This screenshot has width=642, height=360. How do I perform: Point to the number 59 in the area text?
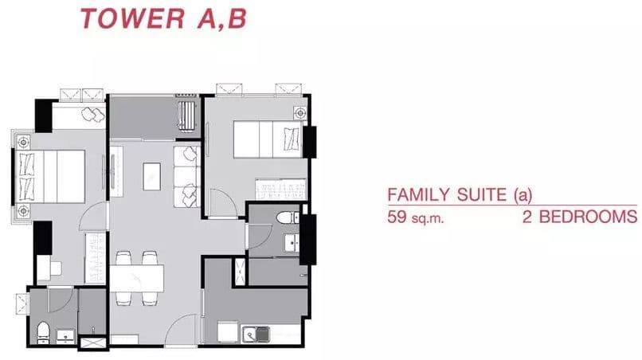pos(397,217)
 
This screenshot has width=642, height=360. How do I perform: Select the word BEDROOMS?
pos(588,217)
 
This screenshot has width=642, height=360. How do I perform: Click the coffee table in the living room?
pos(151,177)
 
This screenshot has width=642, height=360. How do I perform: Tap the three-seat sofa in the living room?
pos(186,177)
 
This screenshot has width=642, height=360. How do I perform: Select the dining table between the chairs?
pos(137,279)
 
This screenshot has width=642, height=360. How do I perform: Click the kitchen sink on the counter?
pos(256,335)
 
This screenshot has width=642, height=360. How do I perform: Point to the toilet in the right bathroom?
pos(288,217)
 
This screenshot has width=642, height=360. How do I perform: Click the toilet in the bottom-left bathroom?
pos(43,332)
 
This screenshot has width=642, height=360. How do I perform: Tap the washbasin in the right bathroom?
pos(292,243)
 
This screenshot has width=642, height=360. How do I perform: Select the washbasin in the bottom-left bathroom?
pos(65,337)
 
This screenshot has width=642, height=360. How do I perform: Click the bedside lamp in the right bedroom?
pos(300,112)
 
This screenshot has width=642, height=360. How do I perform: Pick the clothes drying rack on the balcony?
pos(186,116)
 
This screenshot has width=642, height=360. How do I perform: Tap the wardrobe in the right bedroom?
pos(281,190)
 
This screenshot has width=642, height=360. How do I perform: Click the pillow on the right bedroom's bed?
pos(292,139)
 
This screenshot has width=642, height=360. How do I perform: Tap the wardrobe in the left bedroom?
pos(96,257)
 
